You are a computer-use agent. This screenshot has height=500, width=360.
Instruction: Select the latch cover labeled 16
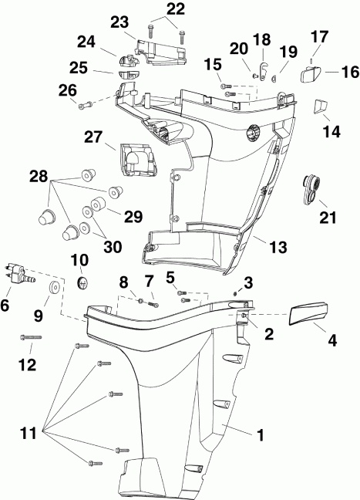coord(311,76)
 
